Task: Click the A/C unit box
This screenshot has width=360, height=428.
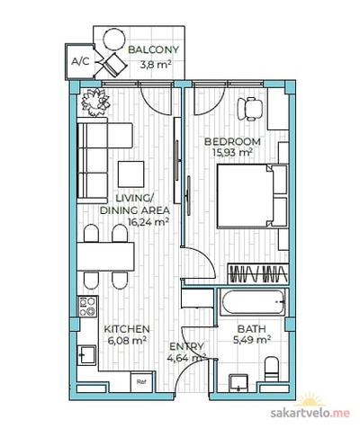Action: (80, 61)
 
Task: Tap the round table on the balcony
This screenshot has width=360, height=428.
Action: (114, 39)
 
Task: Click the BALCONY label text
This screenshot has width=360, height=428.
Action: (153, 49)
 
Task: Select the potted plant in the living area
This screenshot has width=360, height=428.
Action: (95, 102)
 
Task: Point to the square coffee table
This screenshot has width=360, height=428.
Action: (130, 174)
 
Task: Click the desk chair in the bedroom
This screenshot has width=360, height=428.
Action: (250, 109)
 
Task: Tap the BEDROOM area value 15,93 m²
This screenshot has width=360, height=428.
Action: (232, 152)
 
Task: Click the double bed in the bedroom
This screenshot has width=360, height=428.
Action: (252, 196)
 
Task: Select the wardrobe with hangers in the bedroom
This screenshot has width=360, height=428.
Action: (258, 273)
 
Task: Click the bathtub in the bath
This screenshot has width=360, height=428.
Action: (253, 302)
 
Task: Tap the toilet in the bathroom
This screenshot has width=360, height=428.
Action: (272, 369)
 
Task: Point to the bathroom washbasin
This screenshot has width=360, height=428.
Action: (238, 383)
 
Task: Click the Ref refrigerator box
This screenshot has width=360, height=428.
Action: (141, 381)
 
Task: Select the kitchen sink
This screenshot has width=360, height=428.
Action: (87, 355)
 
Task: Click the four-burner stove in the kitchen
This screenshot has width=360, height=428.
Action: (87, 307)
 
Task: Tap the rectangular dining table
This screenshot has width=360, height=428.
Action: (105, 257)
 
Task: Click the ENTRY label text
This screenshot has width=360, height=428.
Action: (186, 347)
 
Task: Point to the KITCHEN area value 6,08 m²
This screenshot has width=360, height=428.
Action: (127, 341)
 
